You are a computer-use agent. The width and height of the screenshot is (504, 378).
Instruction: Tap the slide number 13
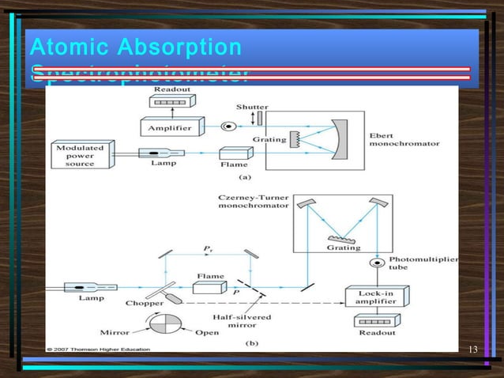(x=473, y=350)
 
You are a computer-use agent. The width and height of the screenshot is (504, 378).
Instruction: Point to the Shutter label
(x=251, y=107)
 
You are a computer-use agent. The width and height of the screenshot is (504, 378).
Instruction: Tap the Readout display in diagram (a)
(x=172, y=101)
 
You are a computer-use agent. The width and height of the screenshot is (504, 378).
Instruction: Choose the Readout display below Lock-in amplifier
(x=371, y=322)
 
